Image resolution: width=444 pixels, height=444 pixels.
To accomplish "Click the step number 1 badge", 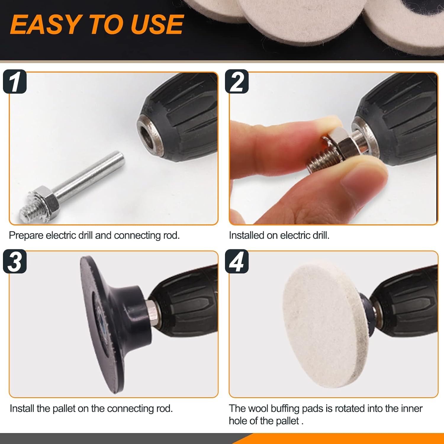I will tap(15, 82).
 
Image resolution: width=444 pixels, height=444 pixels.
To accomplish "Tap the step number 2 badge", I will tap(237, 82).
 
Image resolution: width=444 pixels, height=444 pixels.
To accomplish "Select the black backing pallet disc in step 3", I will tap(98, 326).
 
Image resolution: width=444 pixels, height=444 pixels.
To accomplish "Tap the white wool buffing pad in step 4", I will tap(323, 326).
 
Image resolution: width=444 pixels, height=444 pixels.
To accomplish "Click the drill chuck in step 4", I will tap(406, 308).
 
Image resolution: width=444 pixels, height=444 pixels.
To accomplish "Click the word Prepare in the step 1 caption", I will tap(26, 235).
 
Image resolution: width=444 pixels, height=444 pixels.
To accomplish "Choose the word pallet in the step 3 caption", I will tap(64, 408).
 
